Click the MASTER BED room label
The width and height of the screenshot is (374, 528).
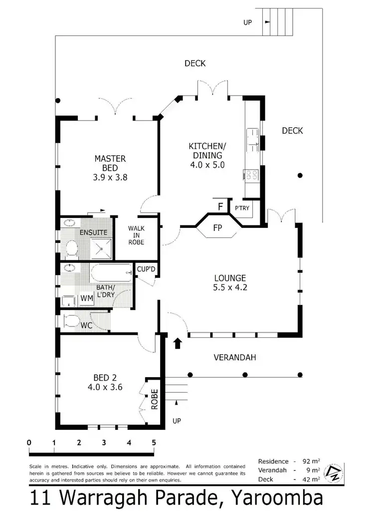110,167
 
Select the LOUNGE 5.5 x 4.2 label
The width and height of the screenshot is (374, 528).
230,282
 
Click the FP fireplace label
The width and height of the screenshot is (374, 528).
217,229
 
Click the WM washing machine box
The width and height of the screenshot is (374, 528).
86,298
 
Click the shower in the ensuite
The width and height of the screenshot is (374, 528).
102,246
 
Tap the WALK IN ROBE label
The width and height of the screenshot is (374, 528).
136,235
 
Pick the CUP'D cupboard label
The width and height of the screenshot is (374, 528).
147,269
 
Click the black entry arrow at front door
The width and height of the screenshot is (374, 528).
178,344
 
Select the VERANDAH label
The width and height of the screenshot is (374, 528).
231,357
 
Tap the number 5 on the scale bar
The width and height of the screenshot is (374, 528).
154,442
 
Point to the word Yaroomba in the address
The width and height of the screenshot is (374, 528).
270,498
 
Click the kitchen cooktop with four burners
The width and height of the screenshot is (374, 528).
251,175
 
